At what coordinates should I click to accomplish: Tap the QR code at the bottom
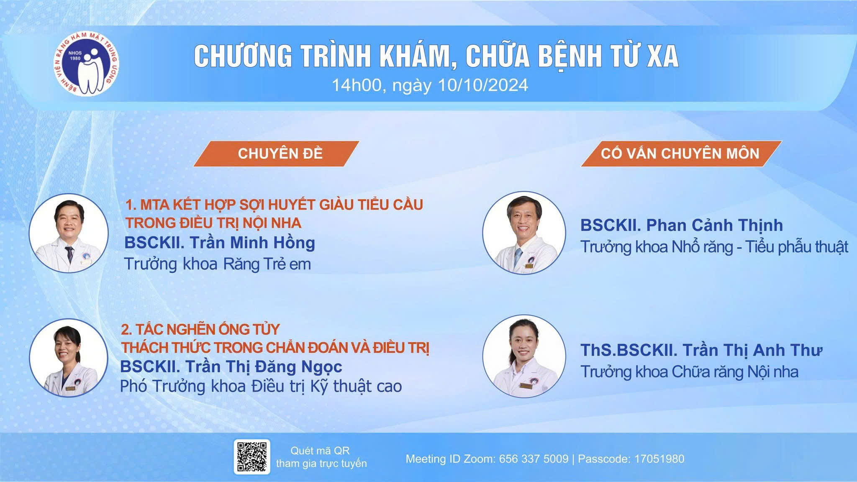[x=252, y=456]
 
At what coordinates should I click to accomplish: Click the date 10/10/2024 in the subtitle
[x=483, y=85]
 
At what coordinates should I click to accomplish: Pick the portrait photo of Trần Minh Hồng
[x=69, y=233]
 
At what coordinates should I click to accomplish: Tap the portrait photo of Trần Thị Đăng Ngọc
[x=69, y=358]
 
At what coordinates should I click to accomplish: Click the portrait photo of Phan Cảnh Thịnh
[x=523, y=233]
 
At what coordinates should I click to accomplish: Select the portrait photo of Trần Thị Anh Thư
[x=523, y=356]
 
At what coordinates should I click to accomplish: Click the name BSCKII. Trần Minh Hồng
[x=220, y=243]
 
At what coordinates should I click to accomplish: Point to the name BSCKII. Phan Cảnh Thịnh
[x=681, y=226]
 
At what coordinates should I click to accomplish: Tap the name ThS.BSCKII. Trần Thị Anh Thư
[x=701, y=350]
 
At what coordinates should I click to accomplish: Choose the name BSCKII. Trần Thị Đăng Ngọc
[x=231, y=367]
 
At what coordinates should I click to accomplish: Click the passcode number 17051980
[x=659, y=459]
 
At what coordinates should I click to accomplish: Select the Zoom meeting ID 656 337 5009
[x=534, y=459]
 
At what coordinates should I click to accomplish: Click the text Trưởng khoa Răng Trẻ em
[x=218, y=264]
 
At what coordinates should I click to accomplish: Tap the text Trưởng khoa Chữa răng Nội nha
[x=689, y=372]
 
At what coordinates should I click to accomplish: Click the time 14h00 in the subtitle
[x=356, y=85]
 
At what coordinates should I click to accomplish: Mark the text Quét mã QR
[x=320, y=451]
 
